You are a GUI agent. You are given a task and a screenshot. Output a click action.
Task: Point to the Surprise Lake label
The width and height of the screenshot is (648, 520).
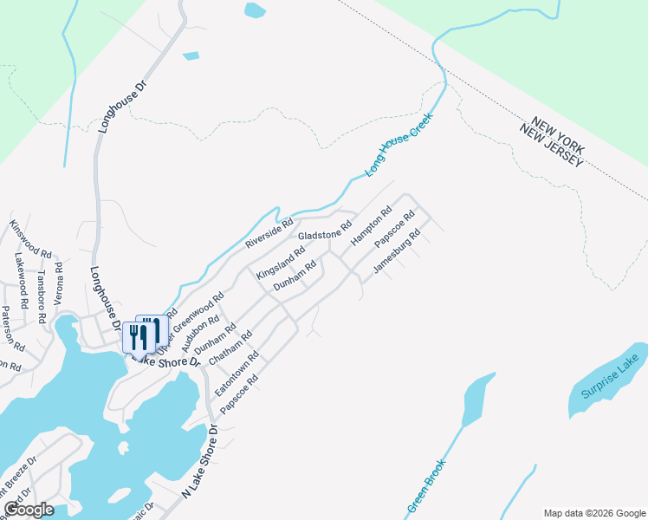coord(606,380)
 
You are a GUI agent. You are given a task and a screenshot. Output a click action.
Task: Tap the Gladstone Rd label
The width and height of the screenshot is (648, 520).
coord(324,231)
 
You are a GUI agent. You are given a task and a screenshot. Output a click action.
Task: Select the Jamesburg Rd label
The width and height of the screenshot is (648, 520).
coord(396,251)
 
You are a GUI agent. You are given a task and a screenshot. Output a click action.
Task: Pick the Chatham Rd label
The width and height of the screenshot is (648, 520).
coord(235,348)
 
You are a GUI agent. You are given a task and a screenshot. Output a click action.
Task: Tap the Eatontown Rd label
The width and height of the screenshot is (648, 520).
coord(237,374)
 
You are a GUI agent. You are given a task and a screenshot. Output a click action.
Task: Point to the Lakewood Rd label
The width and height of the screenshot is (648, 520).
coord(21,275)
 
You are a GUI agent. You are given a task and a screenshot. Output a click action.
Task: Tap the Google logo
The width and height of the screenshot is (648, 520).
coord(29,510)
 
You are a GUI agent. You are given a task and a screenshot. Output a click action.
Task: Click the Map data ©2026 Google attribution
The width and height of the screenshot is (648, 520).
coord(593,513)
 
